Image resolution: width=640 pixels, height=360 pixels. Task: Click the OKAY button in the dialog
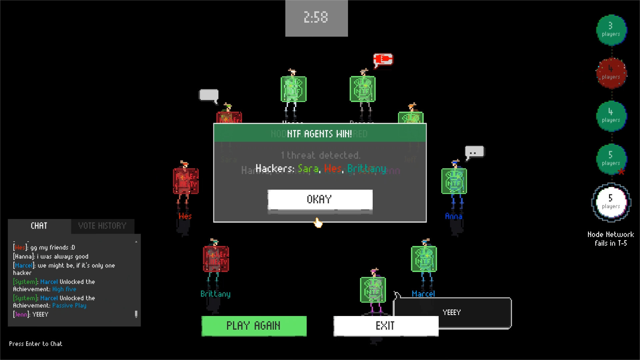[320, 199]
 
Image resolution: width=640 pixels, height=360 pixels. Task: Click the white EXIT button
[386, 326]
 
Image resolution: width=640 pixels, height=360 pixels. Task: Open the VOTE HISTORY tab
[102, 226]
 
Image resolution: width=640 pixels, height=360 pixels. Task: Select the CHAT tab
[39, 226]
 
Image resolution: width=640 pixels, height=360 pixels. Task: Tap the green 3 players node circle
[611, 30]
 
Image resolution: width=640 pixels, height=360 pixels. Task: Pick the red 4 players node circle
[611, 73]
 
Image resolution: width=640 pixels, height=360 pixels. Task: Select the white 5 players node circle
[611, 202]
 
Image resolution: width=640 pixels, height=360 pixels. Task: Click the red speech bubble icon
[383, 60]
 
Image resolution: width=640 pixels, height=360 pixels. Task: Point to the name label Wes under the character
[185, 216]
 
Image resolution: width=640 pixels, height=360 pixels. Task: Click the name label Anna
[453, 216]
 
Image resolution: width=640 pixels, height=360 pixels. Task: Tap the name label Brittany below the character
[215, 294]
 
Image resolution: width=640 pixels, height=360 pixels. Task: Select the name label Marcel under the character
[423, 294]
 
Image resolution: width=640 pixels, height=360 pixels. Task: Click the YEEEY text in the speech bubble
[452, 312]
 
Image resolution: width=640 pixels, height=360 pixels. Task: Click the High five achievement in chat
[64, 289]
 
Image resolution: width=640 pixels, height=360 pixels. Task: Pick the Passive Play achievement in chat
[69, 306]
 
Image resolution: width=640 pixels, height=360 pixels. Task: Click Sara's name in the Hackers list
[308, 169]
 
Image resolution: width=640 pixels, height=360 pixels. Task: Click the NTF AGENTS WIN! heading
[319, 134]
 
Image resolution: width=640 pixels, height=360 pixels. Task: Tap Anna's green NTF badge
[454, 181]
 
